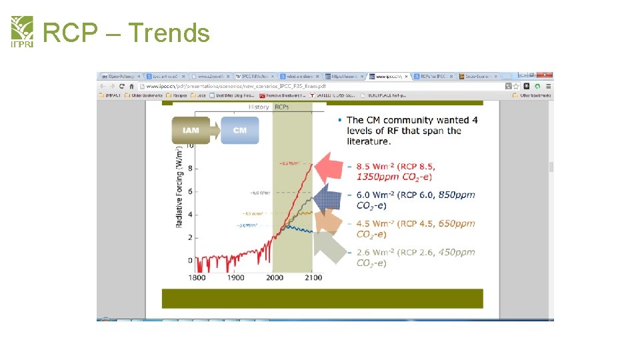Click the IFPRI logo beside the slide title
[22, 32]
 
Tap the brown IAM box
[191, 130]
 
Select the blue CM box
[240, 130]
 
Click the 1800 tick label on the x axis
[197, 277]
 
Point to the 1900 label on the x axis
[235, 277]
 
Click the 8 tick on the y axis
[190, 168]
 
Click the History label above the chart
[258, 107]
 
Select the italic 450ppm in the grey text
[457, 252]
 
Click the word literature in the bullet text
[368, 141]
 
